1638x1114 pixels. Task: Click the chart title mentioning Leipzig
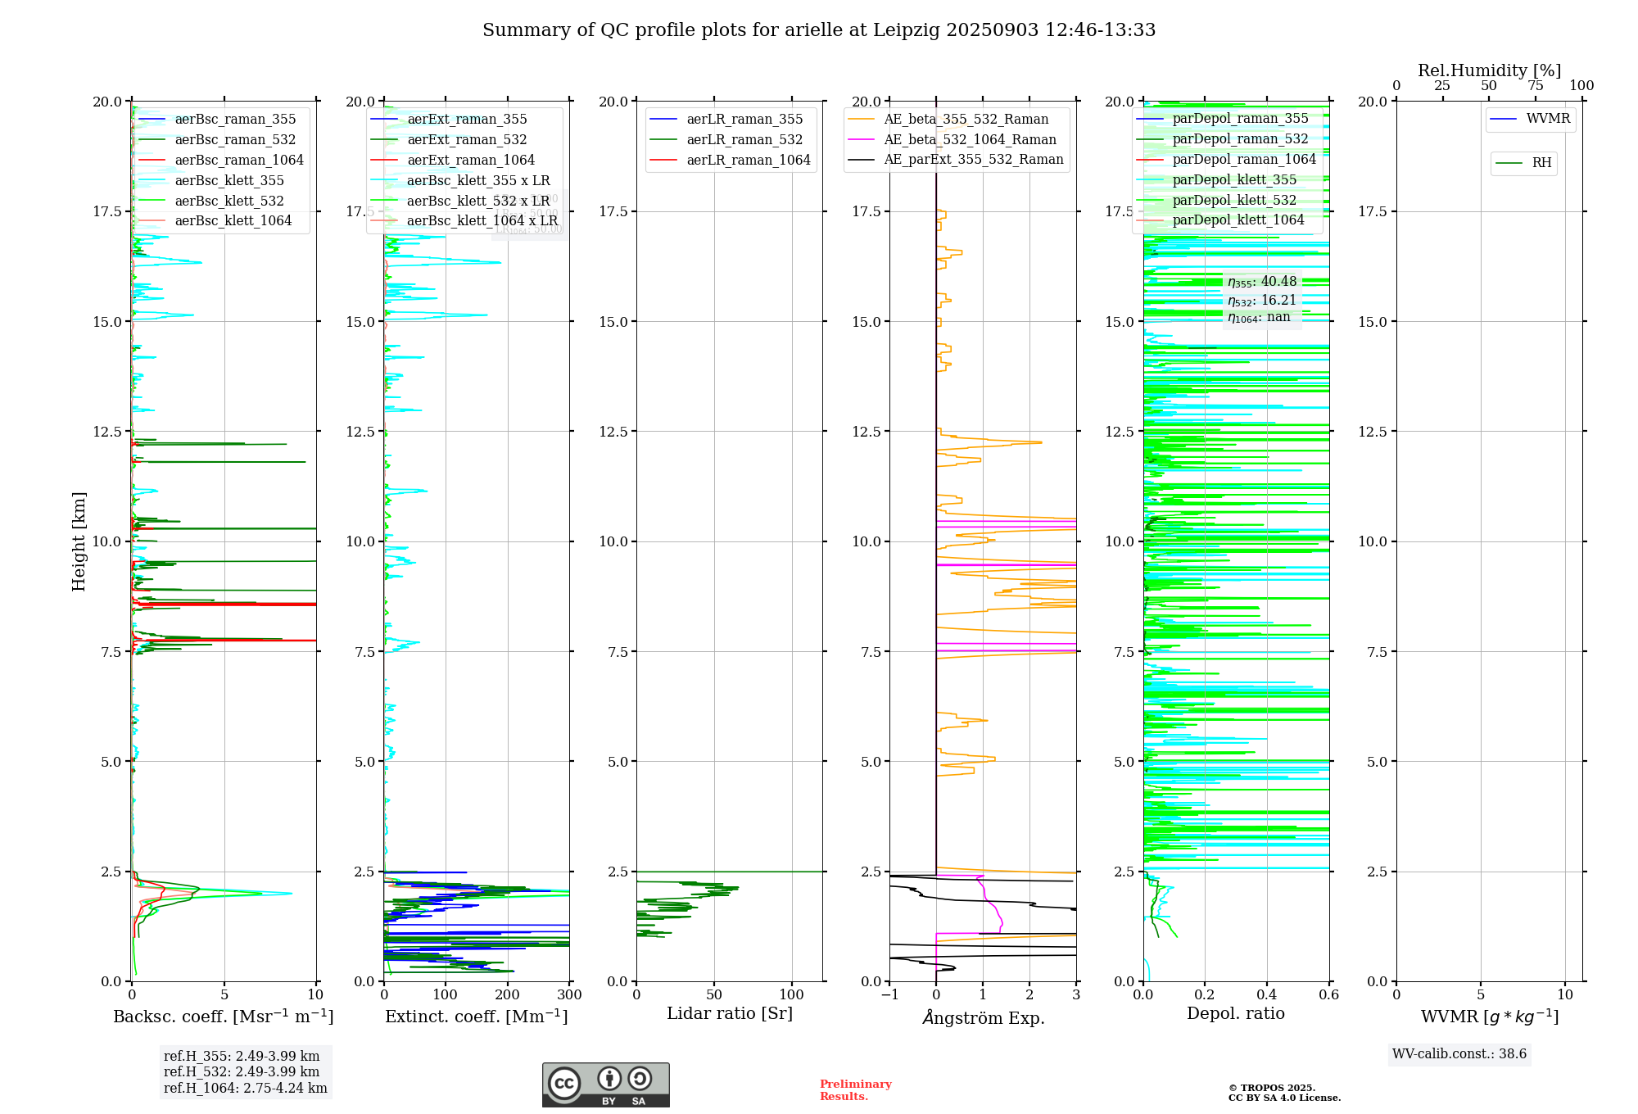tap(819, 30)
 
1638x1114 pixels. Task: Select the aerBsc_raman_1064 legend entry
tap(238, 161)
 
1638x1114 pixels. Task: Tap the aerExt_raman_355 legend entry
tap(467, 120)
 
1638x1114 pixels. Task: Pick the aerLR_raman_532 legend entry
tap(744, 140)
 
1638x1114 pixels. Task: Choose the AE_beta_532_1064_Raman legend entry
tap(970, 140)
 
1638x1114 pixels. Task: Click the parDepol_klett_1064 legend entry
tap(1238, 220)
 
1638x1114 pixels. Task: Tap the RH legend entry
tap(1541, 163)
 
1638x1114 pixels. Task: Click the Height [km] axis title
tap(79, 541)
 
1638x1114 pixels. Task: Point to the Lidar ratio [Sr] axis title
tap(730, 1014)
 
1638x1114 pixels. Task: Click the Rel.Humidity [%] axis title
tap(1489, 70)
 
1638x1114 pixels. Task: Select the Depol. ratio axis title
tap(1236, 1014)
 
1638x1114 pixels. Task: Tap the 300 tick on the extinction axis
tap(569, 995)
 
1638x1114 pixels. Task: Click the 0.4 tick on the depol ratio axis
tap(1267, 995)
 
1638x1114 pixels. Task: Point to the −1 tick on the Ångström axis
tap(889, 995)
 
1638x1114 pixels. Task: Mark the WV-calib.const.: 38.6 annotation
tap(1459, 1054)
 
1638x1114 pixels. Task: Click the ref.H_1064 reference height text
tap(246, 1089)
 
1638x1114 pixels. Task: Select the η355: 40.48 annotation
tap(1262, 282)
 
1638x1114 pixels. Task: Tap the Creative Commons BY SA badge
tap(606, 1085)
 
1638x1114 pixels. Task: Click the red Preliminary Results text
tap(855, 1090)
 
